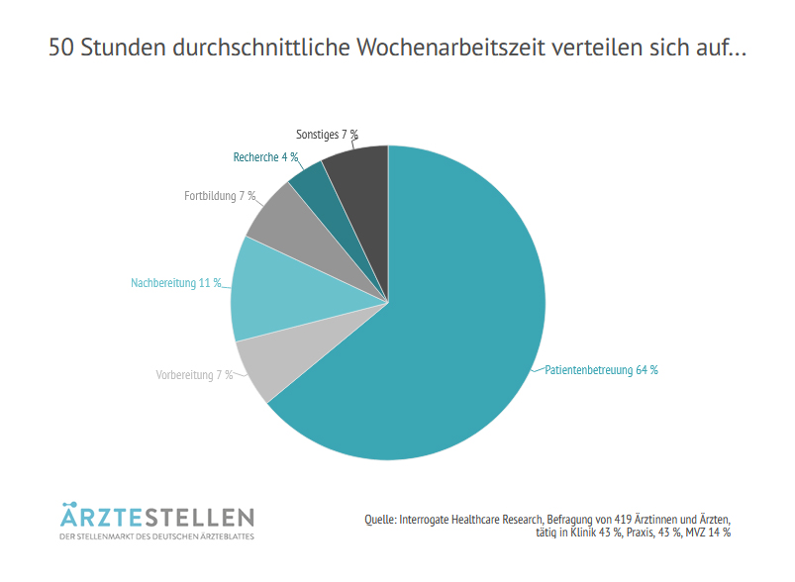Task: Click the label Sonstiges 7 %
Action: coord(327,134)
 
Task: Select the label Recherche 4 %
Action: coord(265,157)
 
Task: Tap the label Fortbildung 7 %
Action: coord(220,196)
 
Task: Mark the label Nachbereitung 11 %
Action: coord(176,283)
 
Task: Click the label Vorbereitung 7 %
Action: coord(194,375)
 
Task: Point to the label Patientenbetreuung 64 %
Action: coord(601,370)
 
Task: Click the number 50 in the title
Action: coord(61,48)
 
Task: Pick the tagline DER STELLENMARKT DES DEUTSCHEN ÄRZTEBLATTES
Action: coord(156,537)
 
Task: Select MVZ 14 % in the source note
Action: coord(708,533)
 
